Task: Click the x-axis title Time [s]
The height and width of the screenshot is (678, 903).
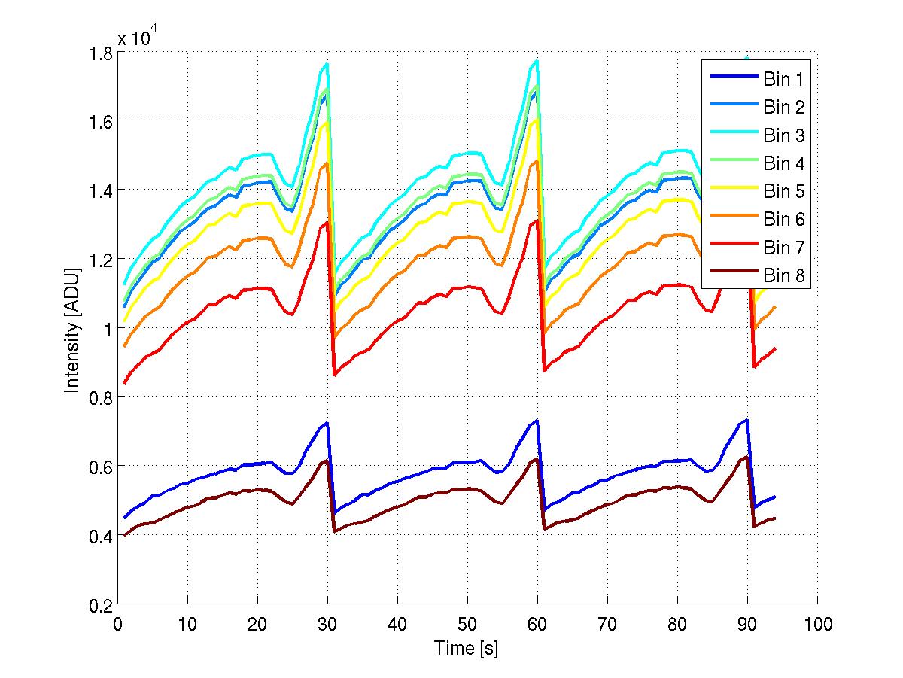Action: [467, 648]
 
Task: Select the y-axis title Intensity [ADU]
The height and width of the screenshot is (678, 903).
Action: [72, 329]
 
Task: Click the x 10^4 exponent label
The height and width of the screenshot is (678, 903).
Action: [138, 38]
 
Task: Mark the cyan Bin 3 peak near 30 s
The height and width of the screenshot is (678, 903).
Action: [327, 63]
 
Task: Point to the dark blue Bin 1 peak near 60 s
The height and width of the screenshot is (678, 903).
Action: [537, 420]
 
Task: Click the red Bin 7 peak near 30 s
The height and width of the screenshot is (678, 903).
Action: [327, 221]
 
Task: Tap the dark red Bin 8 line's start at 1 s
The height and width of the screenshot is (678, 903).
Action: [125, 535]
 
